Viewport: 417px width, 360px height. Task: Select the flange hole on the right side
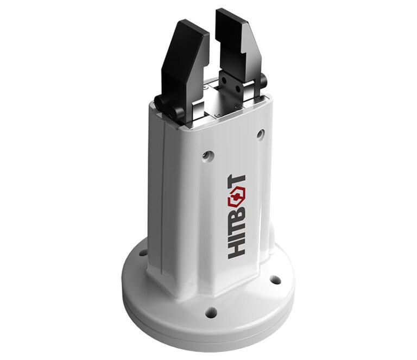[275, 280]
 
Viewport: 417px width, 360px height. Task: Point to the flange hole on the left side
[142, 252]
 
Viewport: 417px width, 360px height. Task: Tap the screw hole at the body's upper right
[260, 132]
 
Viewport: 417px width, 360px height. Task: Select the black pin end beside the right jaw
[263, 81]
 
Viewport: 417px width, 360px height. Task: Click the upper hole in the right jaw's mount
[223, 79]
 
